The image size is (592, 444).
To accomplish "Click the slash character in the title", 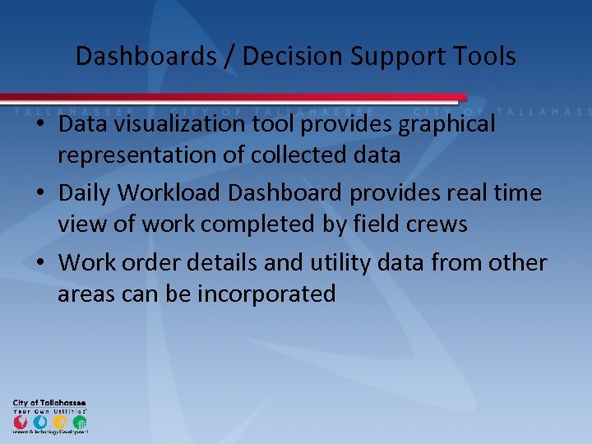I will click(224, 56).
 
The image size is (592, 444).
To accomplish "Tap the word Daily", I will click(86, 193).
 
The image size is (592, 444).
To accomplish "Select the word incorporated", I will click(266, 294).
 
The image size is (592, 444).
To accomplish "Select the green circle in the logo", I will click(79, 422).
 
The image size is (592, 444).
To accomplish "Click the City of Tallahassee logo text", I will click(49, 403).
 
